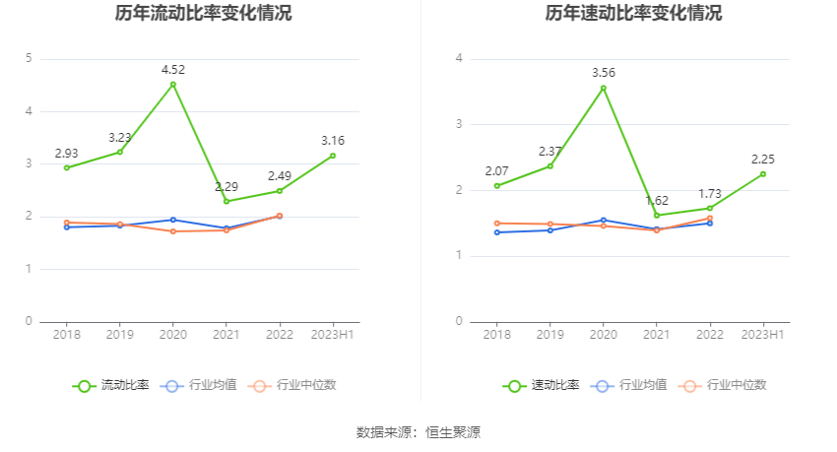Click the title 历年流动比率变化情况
click(x=203, y=14)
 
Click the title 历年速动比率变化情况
click(x=633, y=14)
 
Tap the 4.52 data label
click(x=173, y=69)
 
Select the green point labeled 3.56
click(x=604, y=88)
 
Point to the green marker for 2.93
click(x=67, y=167)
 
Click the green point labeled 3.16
click(x=333, y=156)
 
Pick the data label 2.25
click(x=763, y=160)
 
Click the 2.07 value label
click(x=497, y=171)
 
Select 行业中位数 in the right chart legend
click(x=731, y=385)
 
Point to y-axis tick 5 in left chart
click(x=30, y=58)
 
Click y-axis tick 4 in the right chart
click(x=460, y=58)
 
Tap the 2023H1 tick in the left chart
click(x=333, y=335)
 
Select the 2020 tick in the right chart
click(x=604, y=335)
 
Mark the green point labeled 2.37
click(x=550, y=165)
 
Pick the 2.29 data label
click(x=226, y=186)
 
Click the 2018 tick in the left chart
click(x=67, y=335)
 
